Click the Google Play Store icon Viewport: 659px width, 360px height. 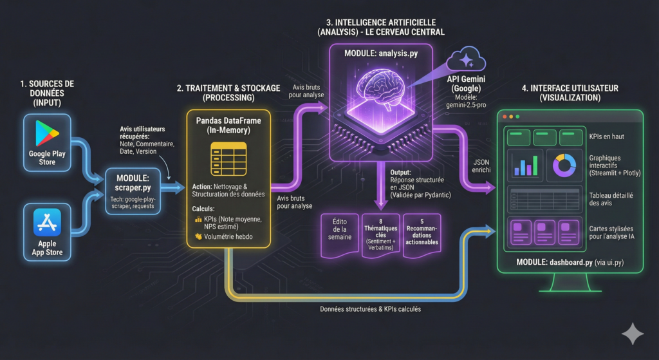(48, 134)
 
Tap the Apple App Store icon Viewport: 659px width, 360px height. (48, 223)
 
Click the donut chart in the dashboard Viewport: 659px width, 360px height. (563, 165)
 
